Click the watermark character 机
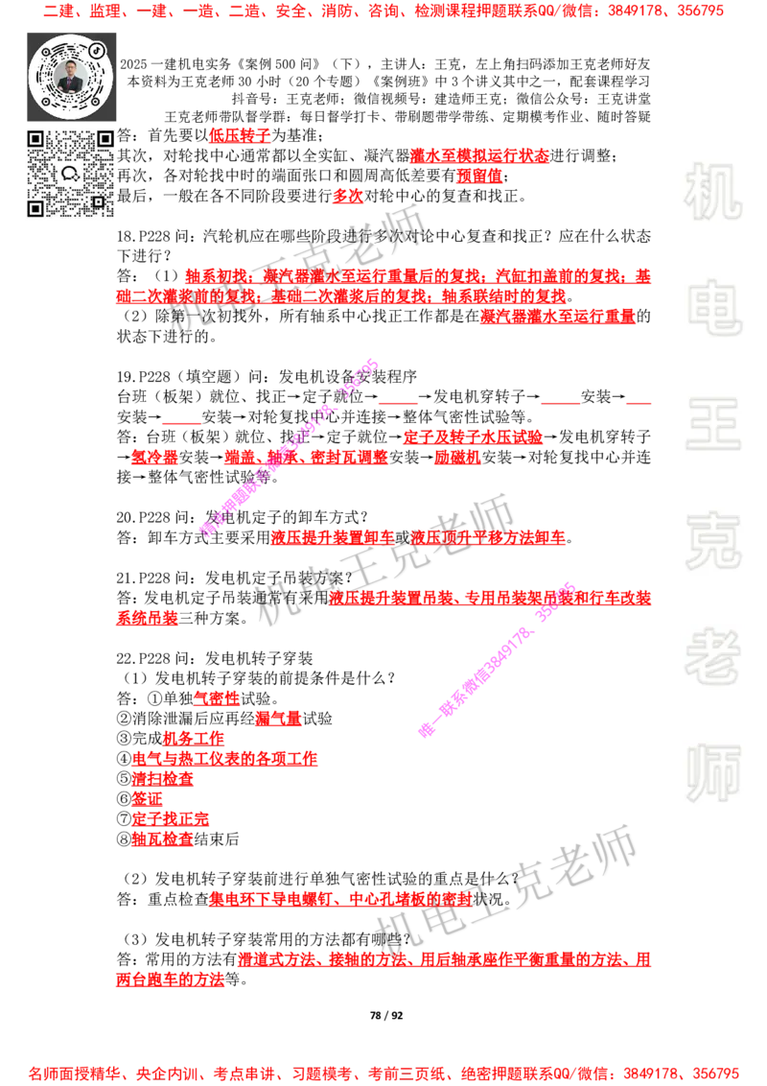712,192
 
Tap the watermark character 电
716,307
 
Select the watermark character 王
712,426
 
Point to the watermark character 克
712,541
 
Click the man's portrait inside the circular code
71,77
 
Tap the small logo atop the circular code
97,48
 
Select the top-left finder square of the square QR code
35,139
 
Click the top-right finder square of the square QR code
105,139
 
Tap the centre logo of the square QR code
70,174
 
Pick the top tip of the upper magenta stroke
374,364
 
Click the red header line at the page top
383,12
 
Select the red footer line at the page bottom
383,1074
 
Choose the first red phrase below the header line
240,135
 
